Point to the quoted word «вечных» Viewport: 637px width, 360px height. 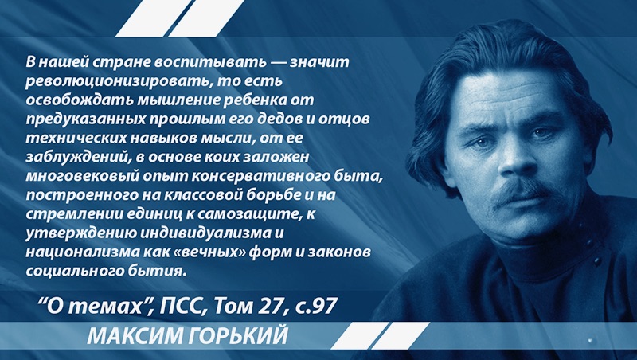211,252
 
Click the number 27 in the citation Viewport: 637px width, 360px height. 268,306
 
